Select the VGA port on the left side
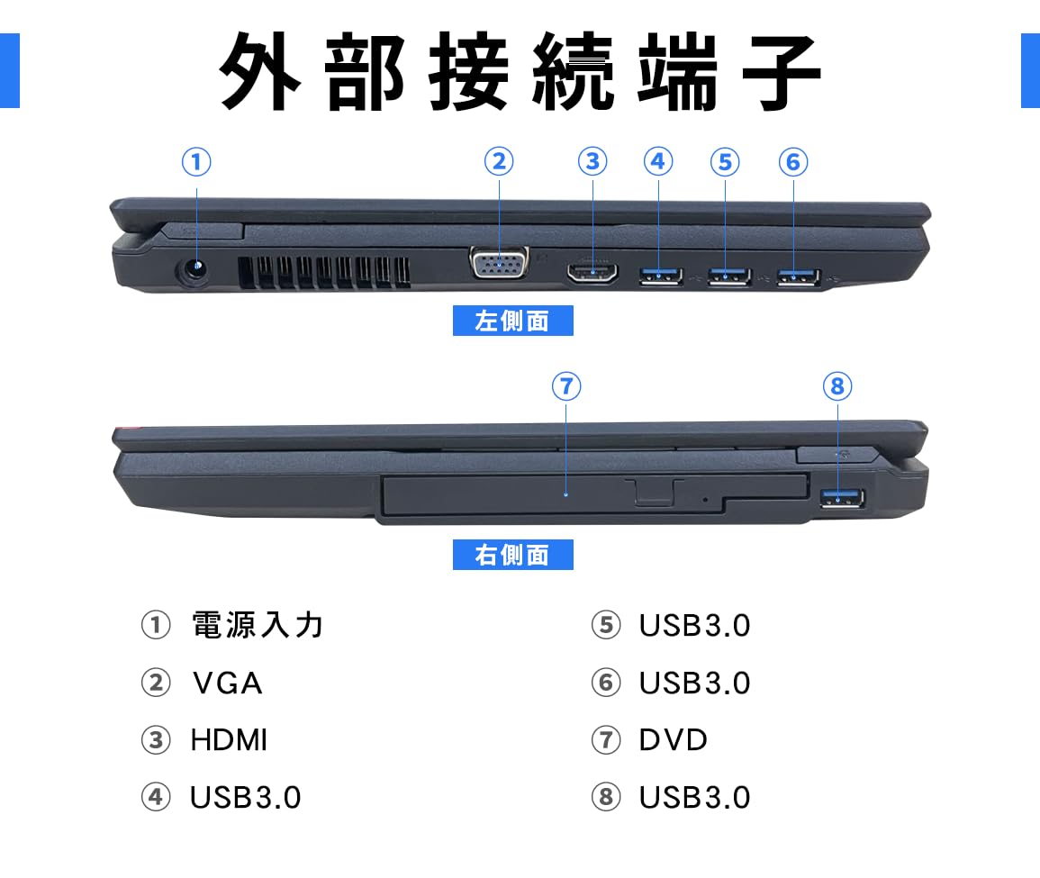click(x=499, y=267)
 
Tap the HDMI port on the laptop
click(x=592, y=273)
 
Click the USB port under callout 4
click(x=661, y=276)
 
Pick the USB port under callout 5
click(x=728, y=276)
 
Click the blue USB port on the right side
click(x=843, y=499)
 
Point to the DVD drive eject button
click(x=654, y=492)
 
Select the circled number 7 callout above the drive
click(x=565, y=386)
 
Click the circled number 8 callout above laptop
click(x=837, y=386)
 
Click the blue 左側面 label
click(x=512, y=321)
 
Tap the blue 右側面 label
click(x=512, y=555)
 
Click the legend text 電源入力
click(x=258, y=625)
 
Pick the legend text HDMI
click(x=229, y=740)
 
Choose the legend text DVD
click(x=674, y=740)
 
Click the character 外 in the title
click(x=261, y=72)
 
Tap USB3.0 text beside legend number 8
click(x=694, y=798)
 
